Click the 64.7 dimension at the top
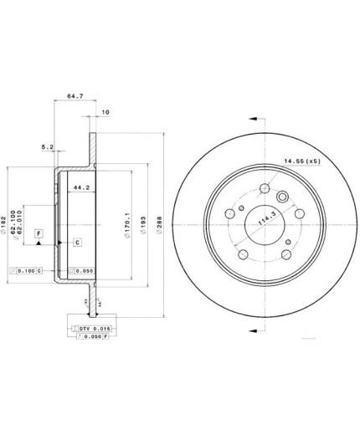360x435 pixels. [x=73, y=97]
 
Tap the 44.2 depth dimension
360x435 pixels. [x=81, y=187]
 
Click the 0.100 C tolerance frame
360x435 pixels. [x=25, y=271]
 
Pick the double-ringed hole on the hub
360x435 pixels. [x=282, y=198]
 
